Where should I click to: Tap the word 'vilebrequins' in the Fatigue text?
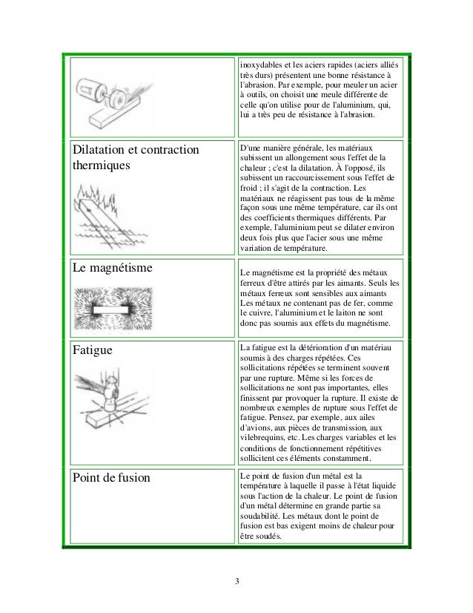(x=266, y=439)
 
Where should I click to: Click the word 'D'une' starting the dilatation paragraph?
(x=251, y=148)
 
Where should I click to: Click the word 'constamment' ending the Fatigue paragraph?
(x=348, y=459)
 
